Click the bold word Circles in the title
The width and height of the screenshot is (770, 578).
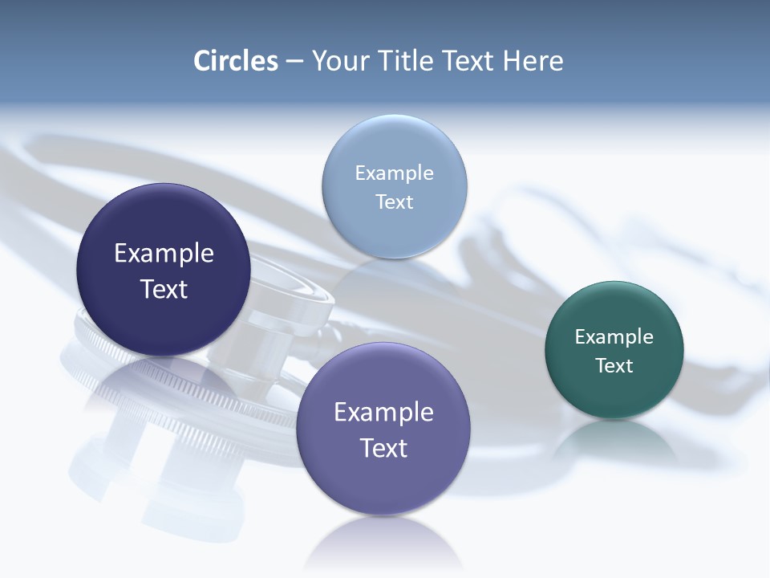(236, 61)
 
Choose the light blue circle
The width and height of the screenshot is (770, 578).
(394, 144)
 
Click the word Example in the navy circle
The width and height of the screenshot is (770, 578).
(164, 254)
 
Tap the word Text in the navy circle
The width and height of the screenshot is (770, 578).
(164, 289)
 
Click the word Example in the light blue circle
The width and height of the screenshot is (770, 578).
(394, 173)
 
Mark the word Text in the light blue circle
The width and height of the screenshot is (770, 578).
(394, 201)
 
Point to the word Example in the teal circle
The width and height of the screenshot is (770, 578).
(614, 336)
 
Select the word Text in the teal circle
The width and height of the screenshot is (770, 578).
(614, 365)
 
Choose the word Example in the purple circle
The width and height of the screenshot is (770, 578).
(383, 413)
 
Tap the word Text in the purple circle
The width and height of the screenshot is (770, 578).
(383, 448)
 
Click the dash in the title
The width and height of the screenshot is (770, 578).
(294, 62)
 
